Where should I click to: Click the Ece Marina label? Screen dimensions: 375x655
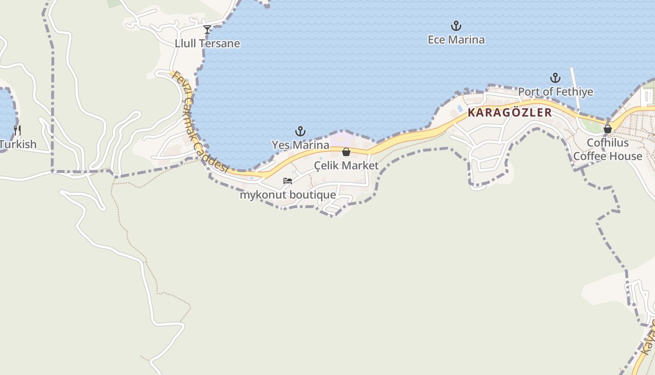pyautogui.click(x=456, y=40)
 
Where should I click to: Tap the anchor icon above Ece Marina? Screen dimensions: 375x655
pyautogui.click(x=456, y=26)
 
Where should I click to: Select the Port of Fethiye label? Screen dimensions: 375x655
pyautogui.click(x=555, y=92)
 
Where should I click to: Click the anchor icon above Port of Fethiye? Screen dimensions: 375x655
pyautogui.click(x=555, y=78)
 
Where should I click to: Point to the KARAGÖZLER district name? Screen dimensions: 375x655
pyautogui.click(x=510, y=113)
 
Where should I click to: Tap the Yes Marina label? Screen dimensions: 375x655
pyautogui.click(x=300, y=145)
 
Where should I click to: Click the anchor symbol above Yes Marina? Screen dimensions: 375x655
pyautogui.click(x=300, y=131)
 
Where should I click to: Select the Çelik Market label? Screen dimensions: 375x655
pyautogui.click(x=346, y=165)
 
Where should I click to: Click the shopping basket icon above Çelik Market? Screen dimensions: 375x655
pyautogui.click(x=346, y=152)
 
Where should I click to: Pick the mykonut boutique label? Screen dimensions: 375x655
pyautogui.click(x=288, y=195)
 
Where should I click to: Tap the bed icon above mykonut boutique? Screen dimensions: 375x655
pyautogui.click(x=288, y=181)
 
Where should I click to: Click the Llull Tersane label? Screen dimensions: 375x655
pyautogui.click(x=207, y=44)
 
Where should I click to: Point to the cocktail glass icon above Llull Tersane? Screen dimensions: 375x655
pyautogui.click(x=207, y=30)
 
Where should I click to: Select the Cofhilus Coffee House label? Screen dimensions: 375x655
pyautogui.click(x=608, y=149)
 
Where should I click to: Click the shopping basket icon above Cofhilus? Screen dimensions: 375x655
pyautogui.click(x=608, y=129)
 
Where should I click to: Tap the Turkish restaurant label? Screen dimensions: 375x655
pyautogui.click(x=18, y=144)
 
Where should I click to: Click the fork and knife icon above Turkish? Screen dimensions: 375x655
pyautogui.click(x=17, y=130)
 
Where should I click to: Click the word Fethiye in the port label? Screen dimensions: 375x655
pyautogui.click(x=576, y=92)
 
